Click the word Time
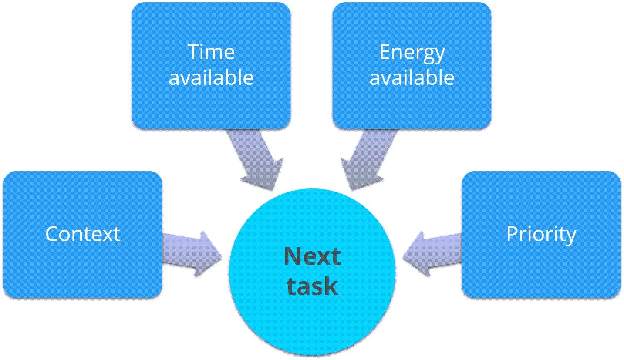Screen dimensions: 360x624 [211, 52]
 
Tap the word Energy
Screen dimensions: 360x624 [412, 53]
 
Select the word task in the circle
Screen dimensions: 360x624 [312, 286]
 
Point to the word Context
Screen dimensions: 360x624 [83, 234]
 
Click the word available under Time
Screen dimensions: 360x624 [211, 78]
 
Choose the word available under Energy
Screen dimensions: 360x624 [412, 78]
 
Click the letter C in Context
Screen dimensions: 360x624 [52, 234]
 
